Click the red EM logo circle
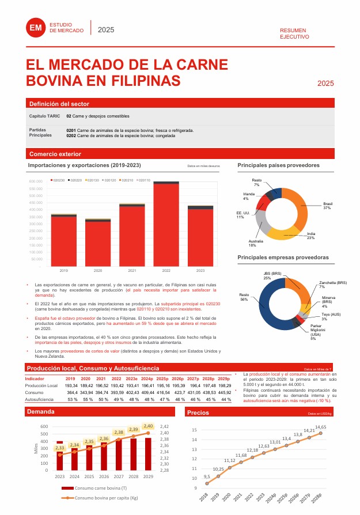coord(35,27)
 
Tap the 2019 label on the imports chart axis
coord(64,270)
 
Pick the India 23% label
coord(310,235)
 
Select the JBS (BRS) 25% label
coord(271,275)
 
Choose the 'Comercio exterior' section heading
coord(55,154)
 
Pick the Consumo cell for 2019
coord(72,392)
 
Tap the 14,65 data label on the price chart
coord(321,427)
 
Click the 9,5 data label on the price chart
coord(207,477)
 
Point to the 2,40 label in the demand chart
coord(148,426)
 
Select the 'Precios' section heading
coord(198,412)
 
